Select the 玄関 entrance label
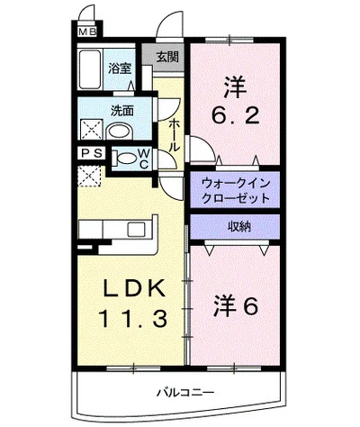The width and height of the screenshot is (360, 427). pyautogui.click(x=167, y=57)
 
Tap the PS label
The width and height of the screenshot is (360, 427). pyautogui.click(x=90, y=154)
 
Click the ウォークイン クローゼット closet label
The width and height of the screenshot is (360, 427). pyautogui.click(x=235, y=188)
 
